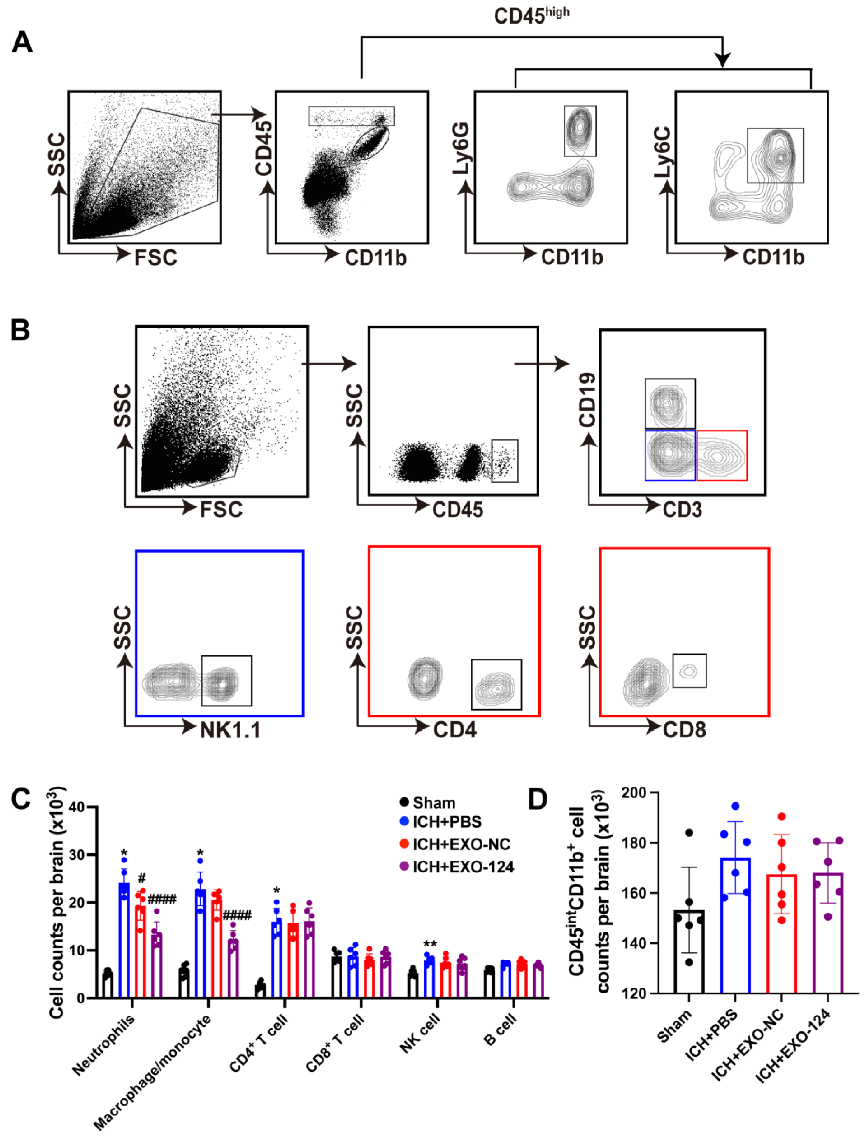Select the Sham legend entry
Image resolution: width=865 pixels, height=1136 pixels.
click(x=434, y=803)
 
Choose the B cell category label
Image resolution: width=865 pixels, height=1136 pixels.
click(x=499, y=1030)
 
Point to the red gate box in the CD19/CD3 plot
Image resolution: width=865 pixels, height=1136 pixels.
click(x=721, y=456)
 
